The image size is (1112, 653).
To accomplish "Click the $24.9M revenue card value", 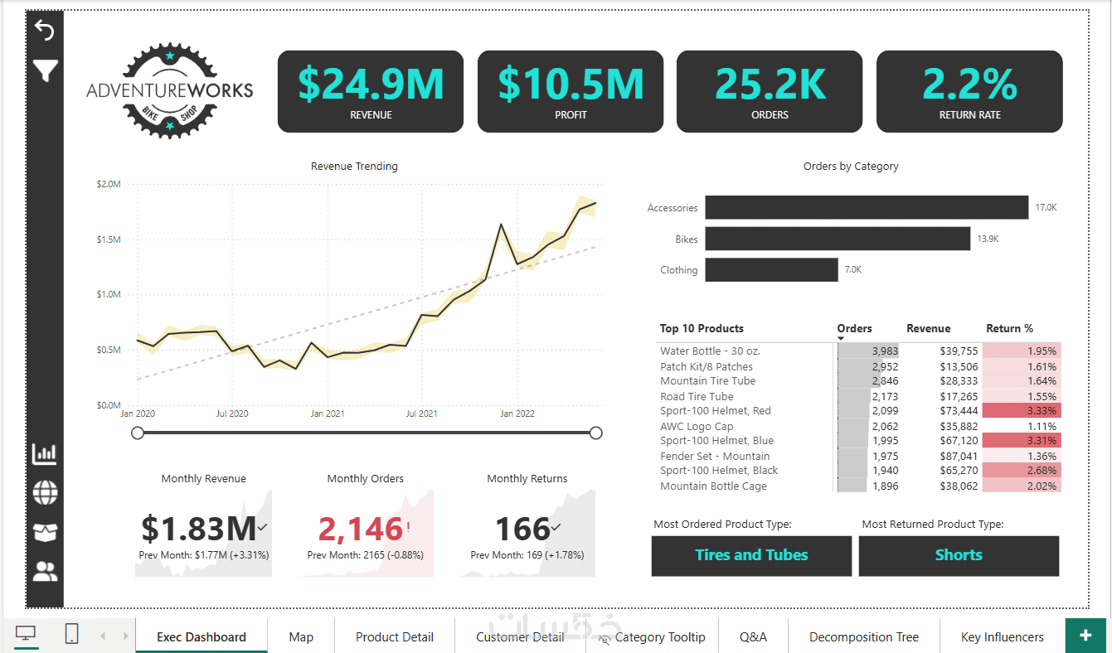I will point(371,84).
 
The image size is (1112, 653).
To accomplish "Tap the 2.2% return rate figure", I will point(969,84).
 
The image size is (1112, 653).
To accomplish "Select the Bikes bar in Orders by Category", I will point(838,239).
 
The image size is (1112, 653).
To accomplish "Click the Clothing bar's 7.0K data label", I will point(853,270).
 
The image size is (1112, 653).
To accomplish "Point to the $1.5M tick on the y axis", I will point(109,239).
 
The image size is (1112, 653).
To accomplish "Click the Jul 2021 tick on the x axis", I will point(422,414).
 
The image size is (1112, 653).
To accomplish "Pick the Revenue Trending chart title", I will point(354,167).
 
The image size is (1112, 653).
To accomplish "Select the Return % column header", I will point(1009,328).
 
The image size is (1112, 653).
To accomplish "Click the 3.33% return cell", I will point(1022,411).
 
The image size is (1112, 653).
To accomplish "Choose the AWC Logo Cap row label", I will point(697,427).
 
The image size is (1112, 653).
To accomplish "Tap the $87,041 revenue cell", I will point(959,457).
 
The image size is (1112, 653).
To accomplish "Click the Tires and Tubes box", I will point(751,555).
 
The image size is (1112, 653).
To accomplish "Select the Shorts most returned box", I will point(959,555).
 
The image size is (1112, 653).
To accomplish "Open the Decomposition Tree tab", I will point(864,637).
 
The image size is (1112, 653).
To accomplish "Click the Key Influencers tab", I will point(1002,637).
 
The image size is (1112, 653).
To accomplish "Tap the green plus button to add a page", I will point(1085,636).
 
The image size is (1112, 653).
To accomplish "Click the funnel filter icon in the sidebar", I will point(45,71).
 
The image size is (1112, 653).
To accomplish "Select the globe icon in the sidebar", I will point(45,493).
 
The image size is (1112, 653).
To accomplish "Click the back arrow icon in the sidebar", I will point(45,31).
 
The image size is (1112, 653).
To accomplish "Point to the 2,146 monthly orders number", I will point(361,529).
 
